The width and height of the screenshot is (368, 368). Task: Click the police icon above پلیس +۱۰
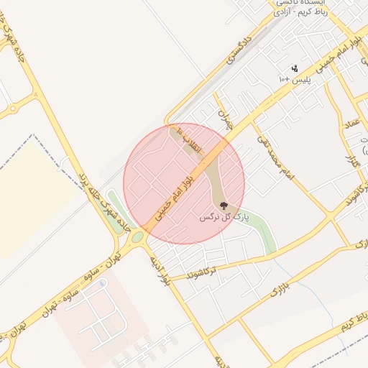point(294,68)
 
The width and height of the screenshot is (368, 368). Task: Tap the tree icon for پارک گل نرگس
point(223,206)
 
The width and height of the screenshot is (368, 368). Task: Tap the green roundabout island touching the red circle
point(137,236)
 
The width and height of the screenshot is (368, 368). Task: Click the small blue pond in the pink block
point(103,284)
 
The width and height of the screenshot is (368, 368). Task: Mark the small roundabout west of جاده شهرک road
point(12,109)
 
